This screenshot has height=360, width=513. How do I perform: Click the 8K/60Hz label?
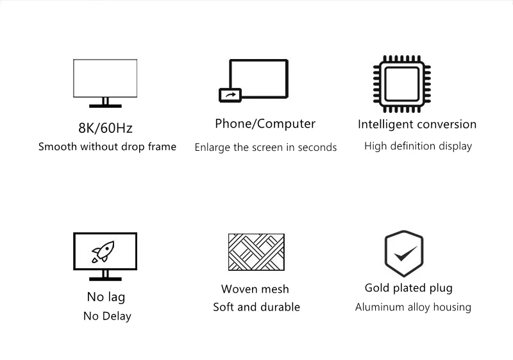105,128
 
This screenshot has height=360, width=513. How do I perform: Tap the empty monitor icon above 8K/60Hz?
105,78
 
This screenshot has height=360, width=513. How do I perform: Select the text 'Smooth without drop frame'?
107,147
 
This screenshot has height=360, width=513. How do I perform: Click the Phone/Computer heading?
265,124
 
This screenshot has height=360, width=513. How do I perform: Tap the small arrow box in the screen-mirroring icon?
230,95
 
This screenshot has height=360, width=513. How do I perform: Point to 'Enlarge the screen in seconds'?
265,148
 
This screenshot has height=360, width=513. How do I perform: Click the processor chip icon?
403,81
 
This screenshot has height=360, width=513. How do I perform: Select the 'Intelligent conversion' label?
417,124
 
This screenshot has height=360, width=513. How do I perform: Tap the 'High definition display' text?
417,146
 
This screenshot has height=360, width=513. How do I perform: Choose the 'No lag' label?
106,297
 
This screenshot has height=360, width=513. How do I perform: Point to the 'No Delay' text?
107,316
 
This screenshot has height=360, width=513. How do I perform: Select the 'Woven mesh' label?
255,289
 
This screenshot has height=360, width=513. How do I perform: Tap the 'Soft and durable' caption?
256,307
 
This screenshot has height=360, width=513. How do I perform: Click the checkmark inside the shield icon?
404,255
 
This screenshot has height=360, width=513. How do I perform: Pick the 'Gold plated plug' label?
408,288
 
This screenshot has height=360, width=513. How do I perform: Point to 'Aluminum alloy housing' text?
413,307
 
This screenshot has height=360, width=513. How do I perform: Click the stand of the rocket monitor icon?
105,275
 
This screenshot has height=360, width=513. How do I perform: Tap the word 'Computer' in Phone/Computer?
286,124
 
